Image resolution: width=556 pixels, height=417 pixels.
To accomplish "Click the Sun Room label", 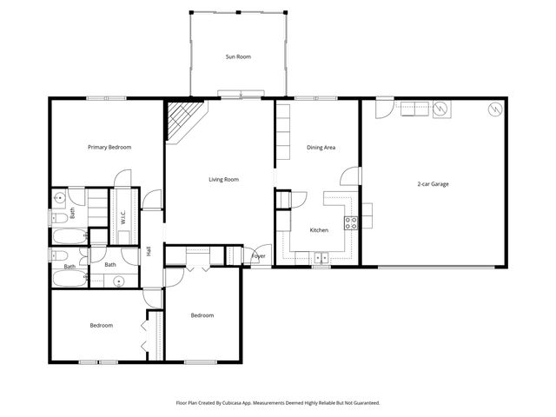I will [237, 57].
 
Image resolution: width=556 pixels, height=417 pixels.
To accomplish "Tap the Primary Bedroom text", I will [109, 148].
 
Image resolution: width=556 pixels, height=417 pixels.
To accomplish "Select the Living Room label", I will [223, 180].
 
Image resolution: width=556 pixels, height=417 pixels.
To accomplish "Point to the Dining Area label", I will [321, 148].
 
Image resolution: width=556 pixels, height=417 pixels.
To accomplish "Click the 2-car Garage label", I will [432, 183].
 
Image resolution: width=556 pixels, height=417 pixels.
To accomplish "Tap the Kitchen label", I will [319, 230].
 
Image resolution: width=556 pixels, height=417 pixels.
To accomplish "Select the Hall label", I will [149, 250].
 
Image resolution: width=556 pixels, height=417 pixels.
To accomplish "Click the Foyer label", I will [258, 256].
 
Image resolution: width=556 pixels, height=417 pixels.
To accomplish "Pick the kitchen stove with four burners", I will [351, 222].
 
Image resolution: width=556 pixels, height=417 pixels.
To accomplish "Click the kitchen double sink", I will [321, 257].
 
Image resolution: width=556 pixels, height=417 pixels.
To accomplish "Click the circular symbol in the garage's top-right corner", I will [495, 110].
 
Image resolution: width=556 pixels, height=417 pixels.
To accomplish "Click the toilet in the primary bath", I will [56, 215].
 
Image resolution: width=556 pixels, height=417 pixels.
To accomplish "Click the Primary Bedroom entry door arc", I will [153, 199].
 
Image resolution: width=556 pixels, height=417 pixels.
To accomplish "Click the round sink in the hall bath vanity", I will [117, 281].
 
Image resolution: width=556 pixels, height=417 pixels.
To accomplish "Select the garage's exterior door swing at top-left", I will [383, 109].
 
